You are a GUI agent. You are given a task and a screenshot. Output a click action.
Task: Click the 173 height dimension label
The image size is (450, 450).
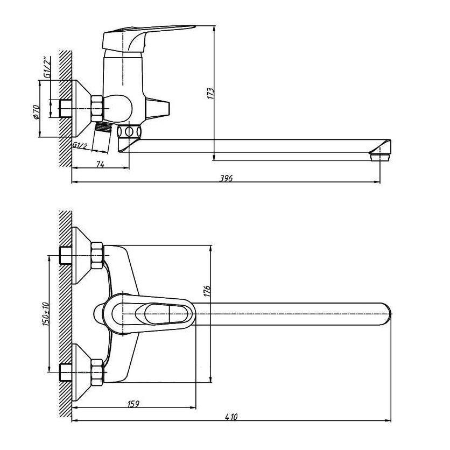point(210,94)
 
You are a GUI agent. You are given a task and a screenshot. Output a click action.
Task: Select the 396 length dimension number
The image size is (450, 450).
point(226,178)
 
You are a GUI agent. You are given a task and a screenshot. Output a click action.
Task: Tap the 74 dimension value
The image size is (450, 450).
point(100,164)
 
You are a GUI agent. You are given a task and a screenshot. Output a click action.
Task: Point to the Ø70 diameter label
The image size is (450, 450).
point(36,112)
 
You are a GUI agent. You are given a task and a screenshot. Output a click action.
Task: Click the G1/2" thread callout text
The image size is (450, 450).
point(47,67)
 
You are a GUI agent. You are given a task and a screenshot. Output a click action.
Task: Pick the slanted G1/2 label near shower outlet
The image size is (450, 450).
point(80,145)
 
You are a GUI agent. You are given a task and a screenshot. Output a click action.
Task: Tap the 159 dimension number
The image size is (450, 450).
point(133,404)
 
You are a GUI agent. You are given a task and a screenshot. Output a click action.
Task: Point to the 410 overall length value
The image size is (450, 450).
point(231,417)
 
